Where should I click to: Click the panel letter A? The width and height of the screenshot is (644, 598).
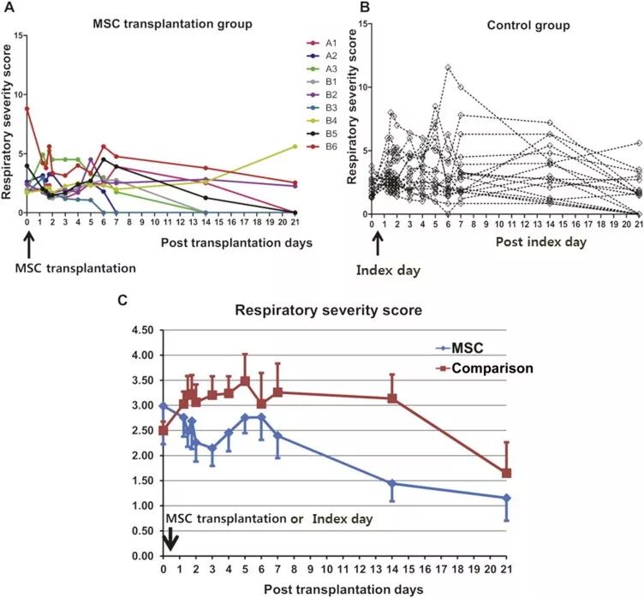click(x=9, y=9)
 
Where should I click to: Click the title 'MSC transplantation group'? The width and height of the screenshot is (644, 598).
click(x=171, y=23)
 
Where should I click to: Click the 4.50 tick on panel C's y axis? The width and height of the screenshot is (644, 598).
click(x=140, y=330)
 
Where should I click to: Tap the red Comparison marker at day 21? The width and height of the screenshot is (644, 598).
click(x=507, y=473)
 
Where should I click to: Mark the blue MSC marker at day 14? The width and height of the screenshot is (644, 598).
click(x=392, y=483)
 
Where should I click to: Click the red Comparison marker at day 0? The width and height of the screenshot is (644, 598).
click(x=163, y=430)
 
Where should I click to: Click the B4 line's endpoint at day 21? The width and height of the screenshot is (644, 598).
click(x=295, y=147)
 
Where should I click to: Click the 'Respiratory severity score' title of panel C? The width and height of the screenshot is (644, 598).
click(x=328, y=310)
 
